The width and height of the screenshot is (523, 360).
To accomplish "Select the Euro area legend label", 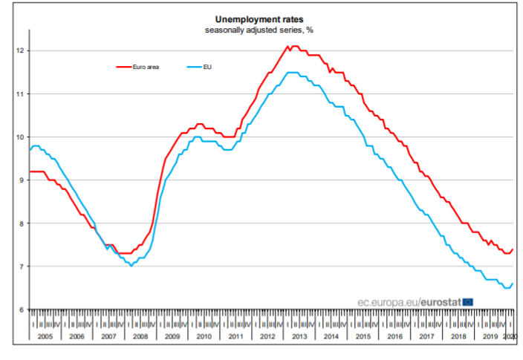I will (146, 67).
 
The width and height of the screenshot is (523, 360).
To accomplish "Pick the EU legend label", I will (207, 67).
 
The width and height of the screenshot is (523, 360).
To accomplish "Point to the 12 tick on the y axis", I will (21, 50).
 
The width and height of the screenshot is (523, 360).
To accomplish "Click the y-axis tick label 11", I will (21, 94).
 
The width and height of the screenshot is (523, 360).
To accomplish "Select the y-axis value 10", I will (21, 137).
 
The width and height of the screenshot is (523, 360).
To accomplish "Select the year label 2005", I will (45, 336).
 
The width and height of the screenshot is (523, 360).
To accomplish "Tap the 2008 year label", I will (140, 336).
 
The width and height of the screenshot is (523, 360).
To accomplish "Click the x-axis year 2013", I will (300, 336).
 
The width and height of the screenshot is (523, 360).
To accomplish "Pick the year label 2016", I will (395, 336).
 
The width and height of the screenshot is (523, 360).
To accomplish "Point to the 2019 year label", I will (490, 336).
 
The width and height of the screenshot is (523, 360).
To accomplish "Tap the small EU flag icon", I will (468, 301).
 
